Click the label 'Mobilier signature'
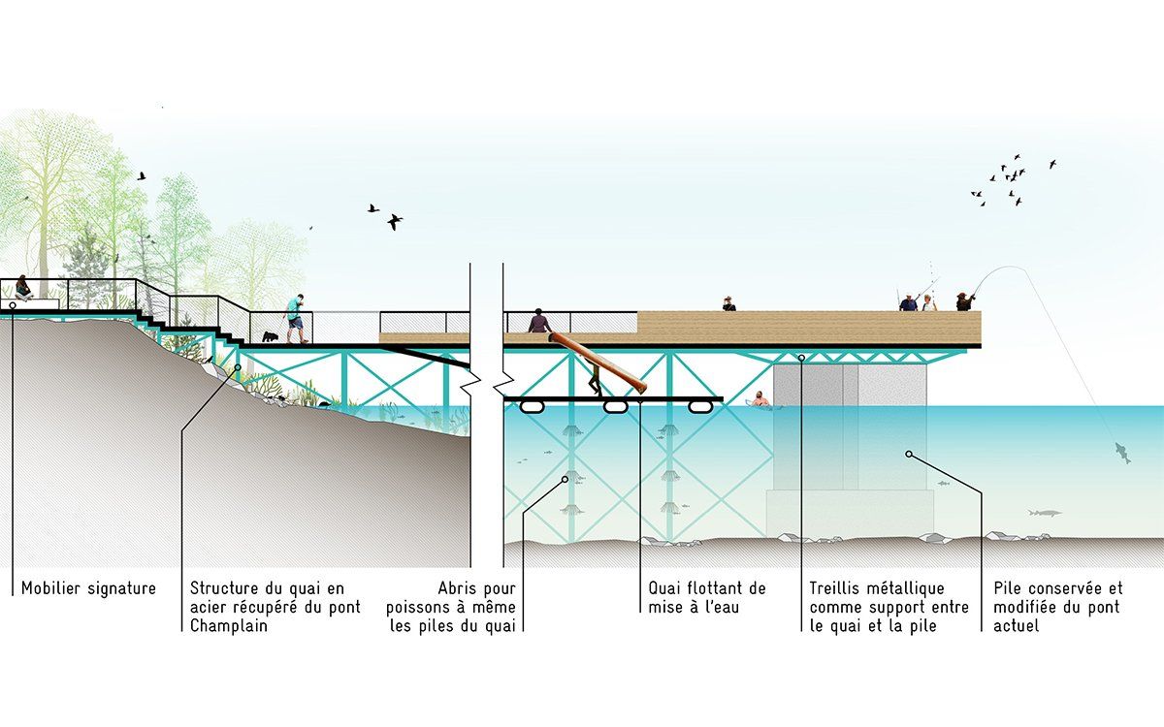coord(88,588)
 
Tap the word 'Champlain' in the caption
coord(229,626)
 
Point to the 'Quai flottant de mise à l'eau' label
coord(707,598)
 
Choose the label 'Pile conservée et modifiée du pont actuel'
coord(1058,607)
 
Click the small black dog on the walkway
coord(270,337)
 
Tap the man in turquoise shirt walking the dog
coord(295,319)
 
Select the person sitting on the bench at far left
coord(23,288)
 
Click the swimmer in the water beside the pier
coord(760,399)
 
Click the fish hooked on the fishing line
coord(1122,454)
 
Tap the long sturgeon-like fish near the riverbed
coord(1045,513)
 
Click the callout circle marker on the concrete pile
coord(909,454)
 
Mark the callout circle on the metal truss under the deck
coord(802,358)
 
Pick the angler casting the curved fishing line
coord(964,301)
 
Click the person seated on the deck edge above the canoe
coord(539,321)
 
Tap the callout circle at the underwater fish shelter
coord(566,480)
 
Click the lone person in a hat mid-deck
coord(728,303)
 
